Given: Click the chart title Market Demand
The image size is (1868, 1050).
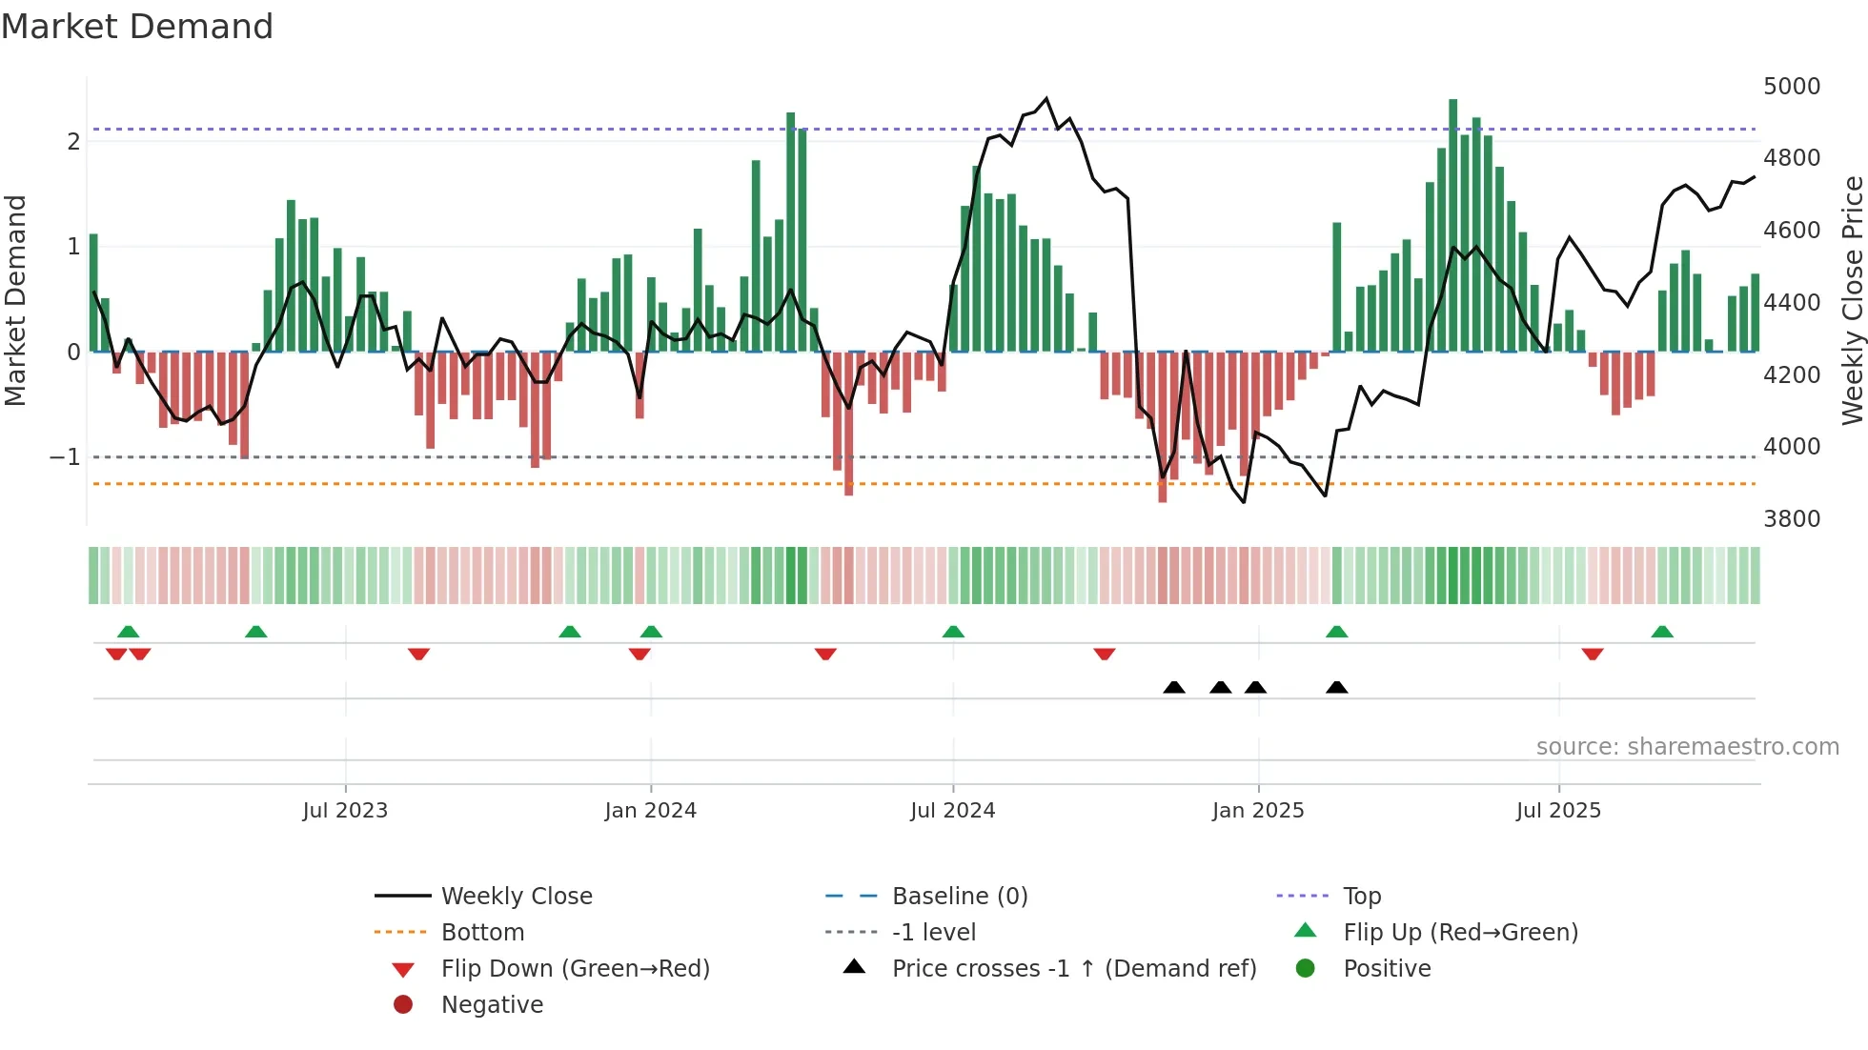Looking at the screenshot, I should pos(137,27).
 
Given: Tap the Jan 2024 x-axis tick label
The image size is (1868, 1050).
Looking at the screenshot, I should pos(650,811).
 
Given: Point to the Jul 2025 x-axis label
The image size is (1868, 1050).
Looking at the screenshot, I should pos(1558,811).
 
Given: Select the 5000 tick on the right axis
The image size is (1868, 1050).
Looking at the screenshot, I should pos(1791,86).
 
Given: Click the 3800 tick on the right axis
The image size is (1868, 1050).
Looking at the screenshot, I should pos(1791,518).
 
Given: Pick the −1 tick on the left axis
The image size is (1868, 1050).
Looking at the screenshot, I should pos(65,457).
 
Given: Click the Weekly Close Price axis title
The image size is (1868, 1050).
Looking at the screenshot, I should pos(1852,300).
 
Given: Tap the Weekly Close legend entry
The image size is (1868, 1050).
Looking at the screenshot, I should pos(516,896).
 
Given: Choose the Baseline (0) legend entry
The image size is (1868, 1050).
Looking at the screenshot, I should pos(959,896).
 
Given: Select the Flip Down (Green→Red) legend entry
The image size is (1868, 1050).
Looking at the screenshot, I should pos(575,968).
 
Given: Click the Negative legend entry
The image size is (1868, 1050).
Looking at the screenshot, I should pos(492,1004).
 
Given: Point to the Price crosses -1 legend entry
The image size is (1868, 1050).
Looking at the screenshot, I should pos(1073,968).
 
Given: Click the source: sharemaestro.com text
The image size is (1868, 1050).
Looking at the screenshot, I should pos(1687,747).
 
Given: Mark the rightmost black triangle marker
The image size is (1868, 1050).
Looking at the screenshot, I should pos(1336,687).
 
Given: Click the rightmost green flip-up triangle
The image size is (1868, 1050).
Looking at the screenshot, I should pos(1662,632).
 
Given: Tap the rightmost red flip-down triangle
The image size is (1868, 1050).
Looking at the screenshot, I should pos(1593,654).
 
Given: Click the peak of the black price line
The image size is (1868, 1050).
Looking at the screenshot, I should pos(1046,98).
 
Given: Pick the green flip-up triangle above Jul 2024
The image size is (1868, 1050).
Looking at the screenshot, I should pos(953,632).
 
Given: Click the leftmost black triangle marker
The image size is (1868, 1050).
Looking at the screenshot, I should pos(1174,687).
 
